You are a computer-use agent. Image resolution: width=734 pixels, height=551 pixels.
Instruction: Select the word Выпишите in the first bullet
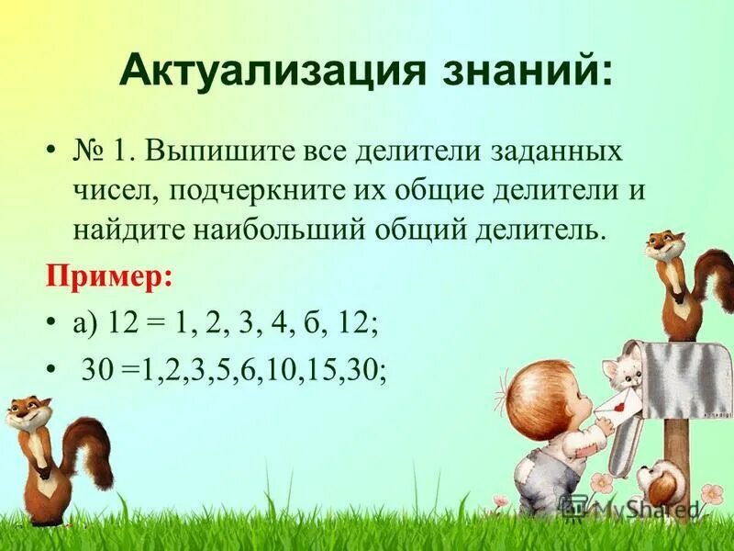point(211,151)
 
